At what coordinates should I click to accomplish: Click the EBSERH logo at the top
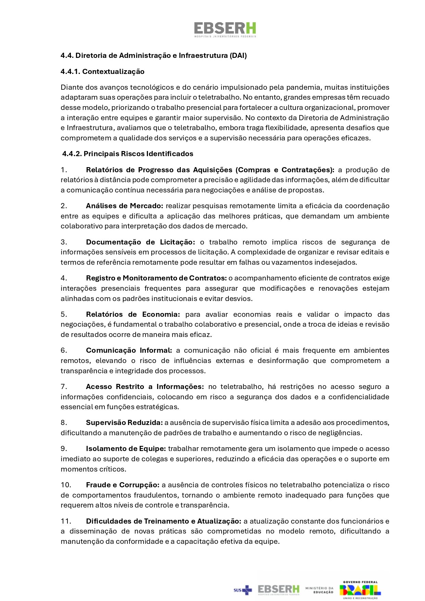coord(225,29)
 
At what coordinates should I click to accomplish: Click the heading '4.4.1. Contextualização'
coord(102,72)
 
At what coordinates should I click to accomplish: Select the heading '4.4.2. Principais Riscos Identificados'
coord(128,154)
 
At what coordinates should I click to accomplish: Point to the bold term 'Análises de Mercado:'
coord(125,206)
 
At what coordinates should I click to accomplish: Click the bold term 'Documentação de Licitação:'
coord(140,242)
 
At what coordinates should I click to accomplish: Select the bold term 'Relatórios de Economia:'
coord(133,314)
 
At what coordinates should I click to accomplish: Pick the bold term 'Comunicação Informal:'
coord(129,350)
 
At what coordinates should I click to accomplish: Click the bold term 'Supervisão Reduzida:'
coord(124,423)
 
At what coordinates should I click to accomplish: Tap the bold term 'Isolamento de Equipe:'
coord(126,449)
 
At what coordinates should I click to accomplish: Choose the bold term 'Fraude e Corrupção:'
coord(123,485)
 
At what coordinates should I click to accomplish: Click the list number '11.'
coord(66,521)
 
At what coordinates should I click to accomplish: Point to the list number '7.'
coord(64,387)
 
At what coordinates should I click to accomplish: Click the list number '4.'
coord(64,278)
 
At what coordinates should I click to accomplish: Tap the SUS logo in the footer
coord(242,590)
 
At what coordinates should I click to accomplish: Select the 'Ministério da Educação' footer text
coord(319,590)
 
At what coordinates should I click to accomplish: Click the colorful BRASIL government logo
coord(360,590)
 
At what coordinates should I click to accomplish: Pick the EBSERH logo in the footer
coord(278,590)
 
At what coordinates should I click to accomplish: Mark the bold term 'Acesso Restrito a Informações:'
coord(145,387)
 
